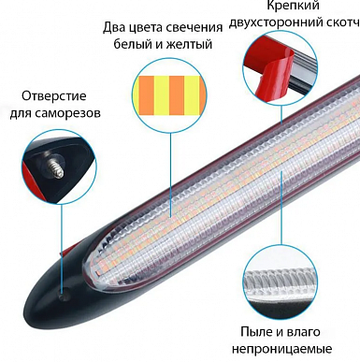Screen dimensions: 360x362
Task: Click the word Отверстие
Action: pos(54,96)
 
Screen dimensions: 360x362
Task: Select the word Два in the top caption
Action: pos(112,27)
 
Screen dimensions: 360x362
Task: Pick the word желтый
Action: pos(190,44)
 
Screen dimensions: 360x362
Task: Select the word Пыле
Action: pos(254,332)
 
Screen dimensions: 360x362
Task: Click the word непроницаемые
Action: pos(282,349)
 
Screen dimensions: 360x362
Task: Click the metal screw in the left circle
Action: pos(56,167)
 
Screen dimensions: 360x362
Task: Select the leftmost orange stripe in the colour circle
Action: pos(146,95)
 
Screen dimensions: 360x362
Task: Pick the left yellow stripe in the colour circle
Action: pos(161,95)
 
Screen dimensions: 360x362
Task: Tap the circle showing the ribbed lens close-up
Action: pos(281,281)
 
